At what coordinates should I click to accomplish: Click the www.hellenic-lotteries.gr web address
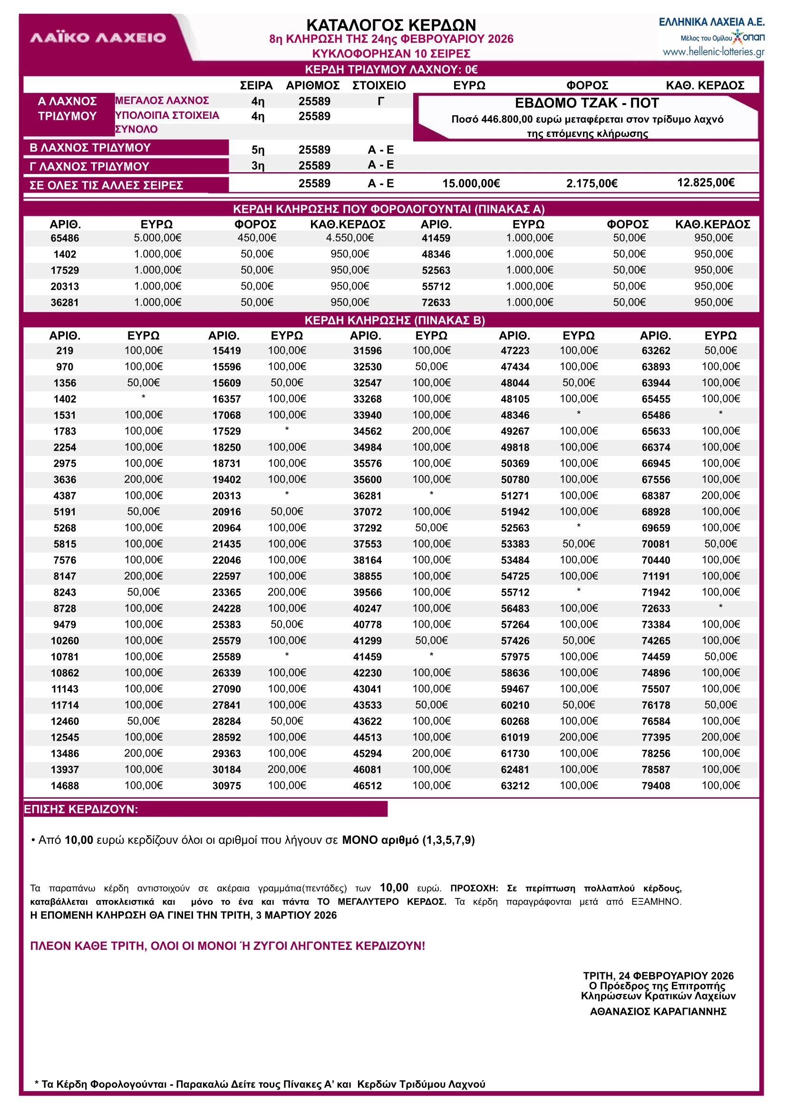tap(713, 52)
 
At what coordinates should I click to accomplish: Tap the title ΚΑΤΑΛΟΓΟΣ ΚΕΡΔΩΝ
tap(391, 25)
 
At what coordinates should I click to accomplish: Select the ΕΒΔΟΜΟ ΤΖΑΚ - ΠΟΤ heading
tap(587, 103)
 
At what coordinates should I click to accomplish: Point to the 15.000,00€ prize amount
tap(471, 184)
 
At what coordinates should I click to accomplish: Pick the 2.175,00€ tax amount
tap(592, 184)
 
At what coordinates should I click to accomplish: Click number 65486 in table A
tap(65, 238)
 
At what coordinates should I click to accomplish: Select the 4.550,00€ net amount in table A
tap(349, 238)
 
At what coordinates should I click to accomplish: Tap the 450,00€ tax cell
tap(256, 238)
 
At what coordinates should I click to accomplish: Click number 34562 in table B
tap(368, 431)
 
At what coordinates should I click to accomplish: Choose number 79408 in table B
tap(655, 786)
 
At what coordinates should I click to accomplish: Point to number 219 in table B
tap(65, 351)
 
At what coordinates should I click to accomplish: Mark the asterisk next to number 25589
tap(287, 655)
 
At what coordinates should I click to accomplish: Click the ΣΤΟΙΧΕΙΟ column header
tap(379, 86)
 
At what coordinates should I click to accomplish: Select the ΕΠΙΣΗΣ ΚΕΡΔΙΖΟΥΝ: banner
tap(81, 809)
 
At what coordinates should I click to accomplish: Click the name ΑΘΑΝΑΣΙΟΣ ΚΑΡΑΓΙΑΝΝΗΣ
tap(658, 1011)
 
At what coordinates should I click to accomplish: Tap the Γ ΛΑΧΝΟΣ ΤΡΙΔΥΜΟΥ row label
tap(89, 166)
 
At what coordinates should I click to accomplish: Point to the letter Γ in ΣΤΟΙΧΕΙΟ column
tap(381, 101)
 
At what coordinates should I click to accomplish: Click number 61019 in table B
tap(515, 737)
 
